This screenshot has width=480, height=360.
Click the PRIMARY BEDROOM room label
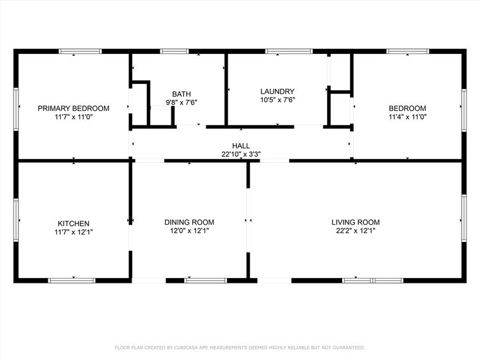[x=73, y=108]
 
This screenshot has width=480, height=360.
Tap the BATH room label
[x=181, y=94]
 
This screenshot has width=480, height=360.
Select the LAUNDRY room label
[x=277, y=91]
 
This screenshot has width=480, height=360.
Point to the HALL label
[x=241, y=146]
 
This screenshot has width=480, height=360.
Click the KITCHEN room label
[x=73, y=223]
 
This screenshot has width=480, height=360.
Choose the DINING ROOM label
[x=189, y=222]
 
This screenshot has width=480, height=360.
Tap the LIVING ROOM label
[x=355, y=222]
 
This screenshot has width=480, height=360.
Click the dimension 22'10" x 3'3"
[x=241, y=155]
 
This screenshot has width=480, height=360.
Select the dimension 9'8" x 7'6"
[x=181, y=103]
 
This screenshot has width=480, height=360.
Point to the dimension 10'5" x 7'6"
[x=277, y=100]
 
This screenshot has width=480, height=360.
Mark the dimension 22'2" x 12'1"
[x=355, y=231]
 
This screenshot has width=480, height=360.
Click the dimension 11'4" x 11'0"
[x=407, y=116]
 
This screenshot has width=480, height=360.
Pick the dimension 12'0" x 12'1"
[x=189, y=231]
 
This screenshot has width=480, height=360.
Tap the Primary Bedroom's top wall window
[x=80, y=51]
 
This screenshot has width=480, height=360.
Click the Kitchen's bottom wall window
[x=72, y=280]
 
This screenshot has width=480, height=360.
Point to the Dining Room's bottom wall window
[x=206, y=280]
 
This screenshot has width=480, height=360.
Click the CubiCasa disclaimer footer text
[x=240, y=347]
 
